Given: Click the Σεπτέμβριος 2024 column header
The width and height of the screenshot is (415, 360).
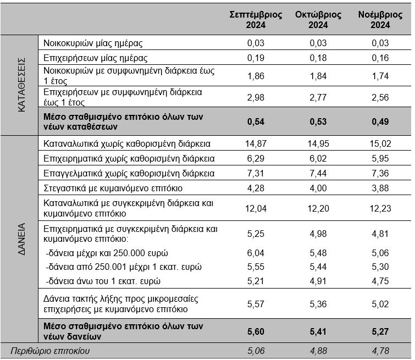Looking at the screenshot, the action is [x=256, y=20].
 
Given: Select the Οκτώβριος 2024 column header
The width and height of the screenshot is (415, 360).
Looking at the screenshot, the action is [x=318, y=20].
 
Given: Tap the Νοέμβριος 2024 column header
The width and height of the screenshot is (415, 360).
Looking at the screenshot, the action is [x=380, y=20].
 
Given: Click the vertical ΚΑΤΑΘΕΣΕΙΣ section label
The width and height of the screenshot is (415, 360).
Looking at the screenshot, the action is [x=21, y=85].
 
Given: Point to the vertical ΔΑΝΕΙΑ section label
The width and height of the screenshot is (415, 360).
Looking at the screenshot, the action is [x=21, y=239].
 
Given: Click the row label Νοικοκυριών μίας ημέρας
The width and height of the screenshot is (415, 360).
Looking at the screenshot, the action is [x=93, y=43].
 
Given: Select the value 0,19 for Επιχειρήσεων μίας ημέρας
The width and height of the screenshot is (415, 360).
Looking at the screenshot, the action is [x=256, y=58].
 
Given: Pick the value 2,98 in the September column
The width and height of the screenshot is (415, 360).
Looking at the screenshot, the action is [x=256, y=97].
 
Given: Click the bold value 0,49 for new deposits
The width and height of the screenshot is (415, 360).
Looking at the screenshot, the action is [x=380, y=122].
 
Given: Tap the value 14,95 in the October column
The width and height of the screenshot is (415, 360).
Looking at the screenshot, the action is [x=318, y=144].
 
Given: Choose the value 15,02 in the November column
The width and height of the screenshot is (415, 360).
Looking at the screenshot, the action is [x=380, y=144].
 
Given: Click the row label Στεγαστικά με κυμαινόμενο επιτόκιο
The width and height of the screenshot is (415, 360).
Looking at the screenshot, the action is [x=113, y=188].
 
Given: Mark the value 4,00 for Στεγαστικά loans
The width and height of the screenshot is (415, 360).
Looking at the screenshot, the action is [x=318, y=188].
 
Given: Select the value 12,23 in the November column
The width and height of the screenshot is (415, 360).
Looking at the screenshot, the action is [x=380, y=209].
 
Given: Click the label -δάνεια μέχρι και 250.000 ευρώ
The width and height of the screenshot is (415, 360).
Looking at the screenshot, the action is [x=107, y=253].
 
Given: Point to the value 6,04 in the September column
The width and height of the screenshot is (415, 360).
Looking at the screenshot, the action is [x=256, y=253].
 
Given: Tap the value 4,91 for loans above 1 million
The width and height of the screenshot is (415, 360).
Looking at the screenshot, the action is [x=318, y=281].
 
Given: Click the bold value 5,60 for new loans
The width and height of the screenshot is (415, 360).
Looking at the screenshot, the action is [x=256, y=331].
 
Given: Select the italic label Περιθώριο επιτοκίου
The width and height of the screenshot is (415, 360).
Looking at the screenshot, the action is [x=50, y=351].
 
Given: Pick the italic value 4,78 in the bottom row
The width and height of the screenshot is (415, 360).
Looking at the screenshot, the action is [x=380, y=351].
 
